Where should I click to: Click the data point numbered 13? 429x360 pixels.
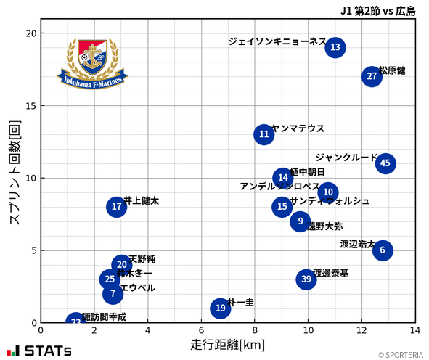pos(335,48)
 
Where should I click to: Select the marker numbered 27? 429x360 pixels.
pos(372,76)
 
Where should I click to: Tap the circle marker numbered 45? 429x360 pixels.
pos(385,163)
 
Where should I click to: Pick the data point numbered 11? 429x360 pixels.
pos(264,134)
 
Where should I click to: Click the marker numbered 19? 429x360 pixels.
pos(221,308)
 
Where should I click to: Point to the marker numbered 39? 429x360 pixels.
pos(306,279)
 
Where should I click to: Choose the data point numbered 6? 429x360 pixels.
pos(383,250)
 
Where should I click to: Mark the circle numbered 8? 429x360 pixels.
pos(117,207)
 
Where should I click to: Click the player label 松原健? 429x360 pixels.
pos(392,70)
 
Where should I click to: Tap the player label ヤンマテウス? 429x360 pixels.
pos(298,128)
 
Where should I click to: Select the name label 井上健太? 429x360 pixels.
pos(142,200)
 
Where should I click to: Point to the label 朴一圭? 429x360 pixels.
pos(241,302)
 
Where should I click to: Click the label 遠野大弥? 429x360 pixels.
pos(325,226)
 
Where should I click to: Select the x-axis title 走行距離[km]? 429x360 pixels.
pos(228,344)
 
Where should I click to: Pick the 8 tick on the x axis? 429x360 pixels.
pos(255,331)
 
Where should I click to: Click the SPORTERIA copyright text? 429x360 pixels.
pos(399,355)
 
